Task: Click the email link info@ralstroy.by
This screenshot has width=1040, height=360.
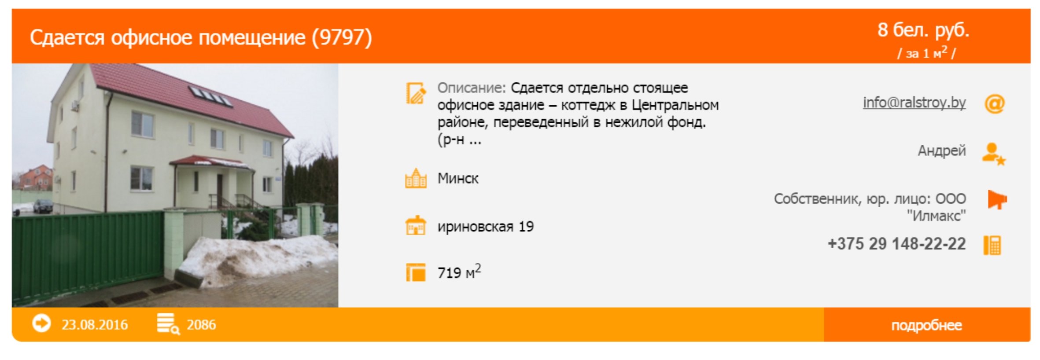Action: (914, 103)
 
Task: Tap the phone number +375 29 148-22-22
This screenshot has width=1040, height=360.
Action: (896, 244)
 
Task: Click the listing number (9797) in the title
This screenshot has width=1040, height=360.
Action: (342, 37)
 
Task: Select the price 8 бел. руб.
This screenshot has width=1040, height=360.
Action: (923, 30)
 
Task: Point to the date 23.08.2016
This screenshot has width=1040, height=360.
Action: (95, 325)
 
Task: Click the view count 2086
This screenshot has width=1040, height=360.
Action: (201, 325)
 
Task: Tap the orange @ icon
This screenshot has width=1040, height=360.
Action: (994, 104)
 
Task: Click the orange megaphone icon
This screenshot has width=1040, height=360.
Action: (997, 200)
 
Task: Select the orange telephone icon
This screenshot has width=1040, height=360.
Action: (992, 245)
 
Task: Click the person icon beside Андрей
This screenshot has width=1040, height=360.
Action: (994, 154)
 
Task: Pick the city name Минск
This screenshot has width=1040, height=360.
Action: (458, 178)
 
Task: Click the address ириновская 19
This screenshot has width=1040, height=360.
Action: (485, 227)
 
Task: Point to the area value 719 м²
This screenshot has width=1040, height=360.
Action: (459, 272)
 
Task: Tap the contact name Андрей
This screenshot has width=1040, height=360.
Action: (941, 151)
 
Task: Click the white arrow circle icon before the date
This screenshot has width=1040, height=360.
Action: (41, 324)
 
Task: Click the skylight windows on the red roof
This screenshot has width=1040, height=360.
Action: (210, 96)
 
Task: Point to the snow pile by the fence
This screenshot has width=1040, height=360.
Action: (258, 260)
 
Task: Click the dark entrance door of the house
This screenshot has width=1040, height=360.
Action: (220, 190)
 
